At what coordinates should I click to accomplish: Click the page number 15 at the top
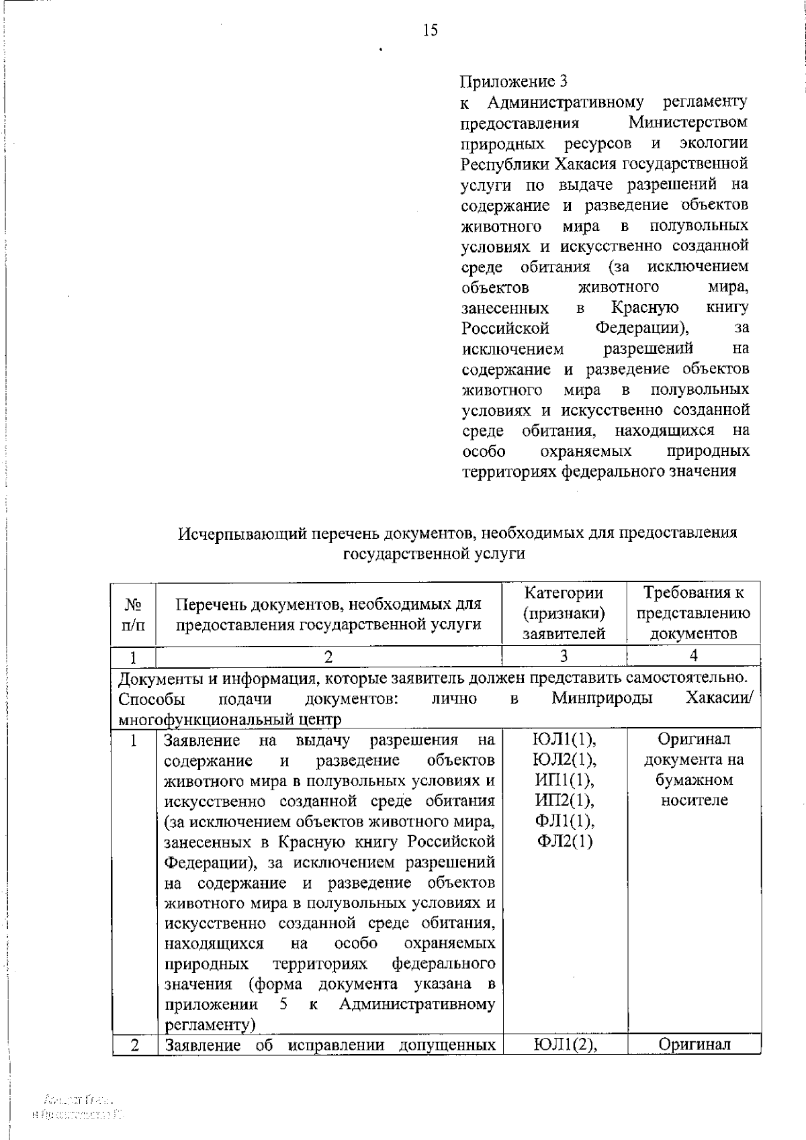point(431,30)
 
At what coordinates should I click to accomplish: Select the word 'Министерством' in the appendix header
point(688,123)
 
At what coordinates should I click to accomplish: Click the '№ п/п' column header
point(134,614)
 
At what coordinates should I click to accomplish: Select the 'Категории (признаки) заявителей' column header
point(564,614)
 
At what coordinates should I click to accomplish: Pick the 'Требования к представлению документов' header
point(693,614)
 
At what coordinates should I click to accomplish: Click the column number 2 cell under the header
point(328,656)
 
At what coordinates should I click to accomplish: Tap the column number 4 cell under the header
point(693,656)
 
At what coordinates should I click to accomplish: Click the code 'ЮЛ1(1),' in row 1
point(564,740)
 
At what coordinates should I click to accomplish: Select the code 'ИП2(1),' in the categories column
point(564,801)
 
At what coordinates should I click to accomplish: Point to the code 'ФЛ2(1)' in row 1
point(564,842)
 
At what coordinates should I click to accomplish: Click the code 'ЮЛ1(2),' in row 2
point(564,1045)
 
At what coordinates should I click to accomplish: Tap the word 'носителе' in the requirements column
point(694,801)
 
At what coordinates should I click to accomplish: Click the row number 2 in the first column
point(134,1045)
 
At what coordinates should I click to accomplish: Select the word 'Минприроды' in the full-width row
point(602,699)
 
